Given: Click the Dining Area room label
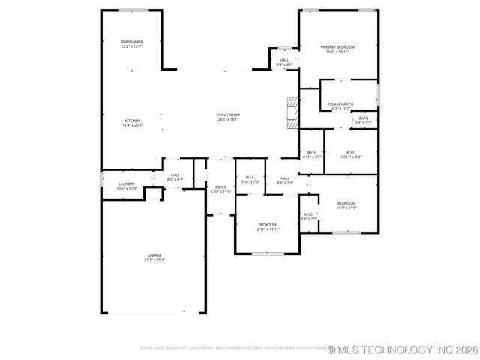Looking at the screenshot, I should [132, 42].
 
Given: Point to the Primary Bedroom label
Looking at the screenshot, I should [337, 46].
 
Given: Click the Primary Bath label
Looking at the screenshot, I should [340, 104].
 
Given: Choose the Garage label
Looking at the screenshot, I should [154, 255].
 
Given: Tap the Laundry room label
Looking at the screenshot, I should [127, 184].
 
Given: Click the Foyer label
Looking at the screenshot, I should [220, 187].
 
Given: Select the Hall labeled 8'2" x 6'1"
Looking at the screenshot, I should [175, 175].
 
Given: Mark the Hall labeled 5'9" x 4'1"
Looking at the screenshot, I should [284, 60].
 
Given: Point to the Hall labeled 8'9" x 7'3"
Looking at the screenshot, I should [285, 178].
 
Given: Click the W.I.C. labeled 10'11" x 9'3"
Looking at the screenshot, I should [351, 152].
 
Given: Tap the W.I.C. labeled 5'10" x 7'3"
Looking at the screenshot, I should [250, 178].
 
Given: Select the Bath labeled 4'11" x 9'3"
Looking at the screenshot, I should [312, 152].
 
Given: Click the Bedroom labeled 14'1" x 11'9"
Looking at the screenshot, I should [346, 204].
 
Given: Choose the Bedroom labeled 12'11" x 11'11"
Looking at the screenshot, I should [267, 225].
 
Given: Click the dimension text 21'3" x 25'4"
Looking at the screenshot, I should [154, 259].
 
